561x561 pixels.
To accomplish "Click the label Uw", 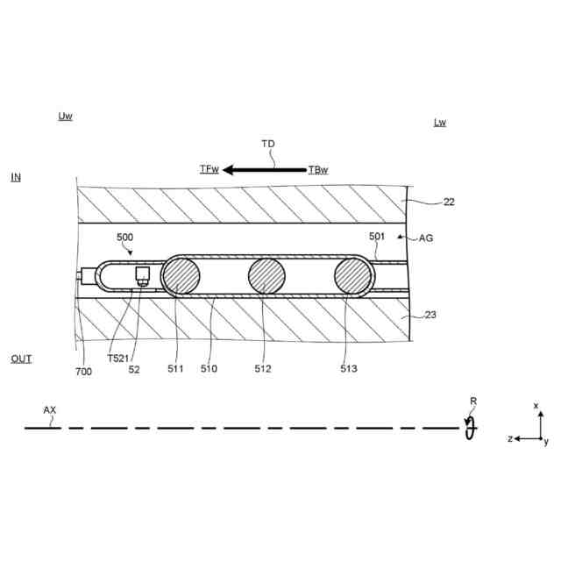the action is [x=65, y=116].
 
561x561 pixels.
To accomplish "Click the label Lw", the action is [x=440, y=123].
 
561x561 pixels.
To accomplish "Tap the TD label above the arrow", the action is [x=268, y=144].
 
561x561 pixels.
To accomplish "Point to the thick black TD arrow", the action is [x=265, y=170].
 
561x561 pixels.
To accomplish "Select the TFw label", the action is [x=209, y=169].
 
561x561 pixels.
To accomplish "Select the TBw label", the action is [x=318, y=169].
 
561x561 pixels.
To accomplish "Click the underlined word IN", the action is [x=16, y=177].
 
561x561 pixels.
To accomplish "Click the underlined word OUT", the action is [x=21, y=359].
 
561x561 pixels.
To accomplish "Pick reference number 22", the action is [x=449, y=202].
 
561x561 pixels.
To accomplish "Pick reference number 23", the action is [x=430, y=315].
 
